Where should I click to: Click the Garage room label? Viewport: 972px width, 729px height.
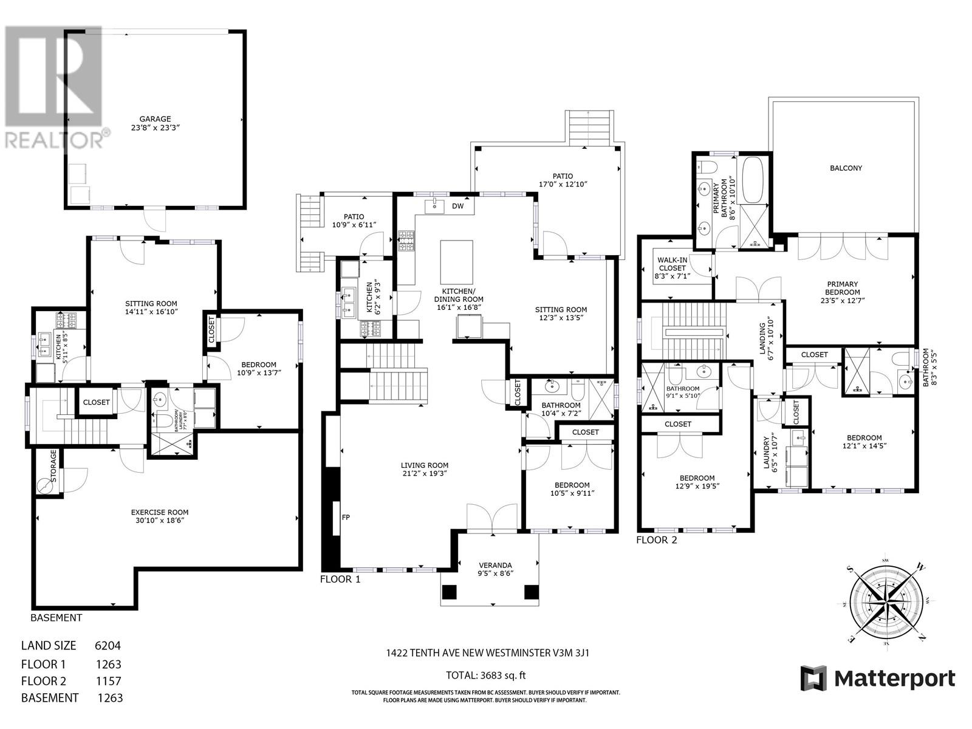[x=155, y=119]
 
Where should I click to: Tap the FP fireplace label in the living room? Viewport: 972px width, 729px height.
[x=345, y=518]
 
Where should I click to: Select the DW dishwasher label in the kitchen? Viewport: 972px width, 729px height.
[x=457, y=206]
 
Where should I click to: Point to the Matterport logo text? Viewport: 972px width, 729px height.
[x=893, y=679]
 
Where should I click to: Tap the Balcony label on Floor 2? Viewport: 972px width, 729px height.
[x=846, y=168]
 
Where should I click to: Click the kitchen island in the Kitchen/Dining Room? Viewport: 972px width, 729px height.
[x=456, y=258]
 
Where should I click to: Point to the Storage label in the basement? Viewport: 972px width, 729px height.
[x=53, y=467]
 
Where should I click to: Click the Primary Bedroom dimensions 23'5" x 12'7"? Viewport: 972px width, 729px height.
[x=842, y=300]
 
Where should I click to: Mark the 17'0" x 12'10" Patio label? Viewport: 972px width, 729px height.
[x=563, y=184]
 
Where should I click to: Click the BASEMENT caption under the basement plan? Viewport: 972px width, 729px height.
[x=56, y=618]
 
